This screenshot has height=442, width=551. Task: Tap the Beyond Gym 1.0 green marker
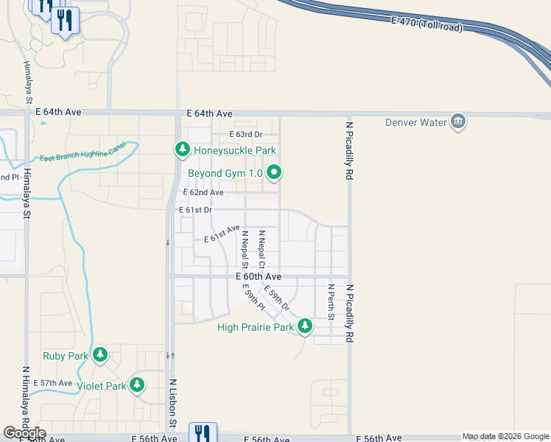tap(274, 173)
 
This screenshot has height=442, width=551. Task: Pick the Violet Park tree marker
tap(136, 385)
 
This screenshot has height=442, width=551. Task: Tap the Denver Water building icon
tap(457, 122)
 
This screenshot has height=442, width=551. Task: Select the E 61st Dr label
tap(196, 210)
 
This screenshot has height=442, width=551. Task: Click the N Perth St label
tap(331, 302)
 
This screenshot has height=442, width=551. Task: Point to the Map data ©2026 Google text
tap(505, 436)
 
